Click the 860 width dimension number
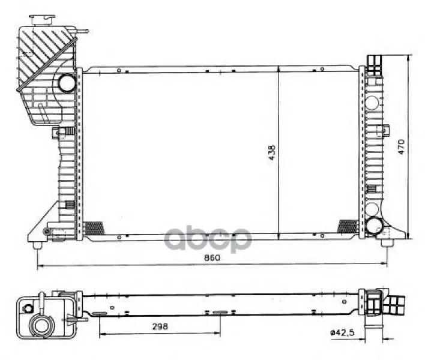[212, 257]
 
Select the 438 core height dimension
[272, 152]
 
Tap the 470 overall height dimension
[401, 146]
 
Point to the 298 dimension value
[160, 326]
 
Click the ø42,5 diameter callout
[342, 332]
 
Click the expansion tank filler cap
[42, 20]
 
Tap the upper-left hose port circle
[67, 83]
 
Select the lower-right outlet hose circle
[375, 226]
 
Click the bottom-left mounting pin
[37, 245]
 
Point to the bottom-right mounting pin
[385, 243]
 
